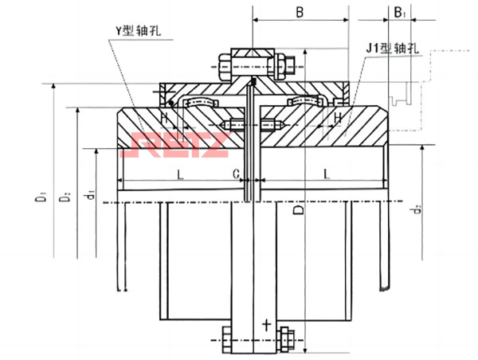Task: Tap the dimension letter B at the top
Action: (x=300, y=13)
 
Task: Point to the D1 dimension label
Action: (x=41, y=196)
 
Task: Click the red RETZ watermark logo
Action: (x=178, y=145)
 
